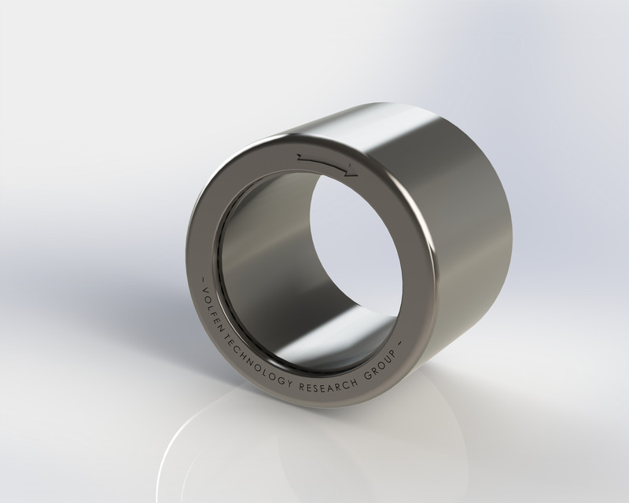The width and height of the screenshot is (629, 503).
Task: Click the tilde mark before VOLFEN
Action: click(x=203, y=279)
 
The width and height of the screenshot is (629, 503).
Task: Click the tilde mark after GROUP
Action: click(x=399, y=343)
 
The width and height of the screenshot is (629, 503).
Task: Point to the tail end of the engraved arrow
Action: click(x=300, y=157)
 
